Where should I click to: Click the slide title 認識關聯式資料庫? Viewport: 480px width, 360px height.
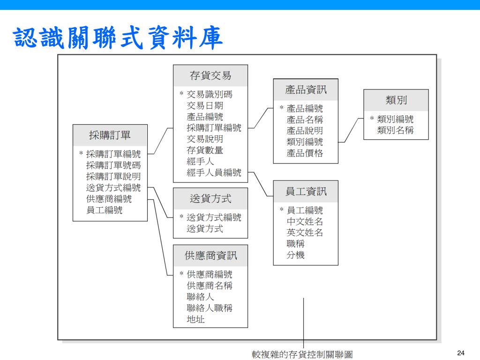(117, 38)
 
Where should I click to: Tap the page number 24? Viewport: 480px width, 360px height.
(460, 352)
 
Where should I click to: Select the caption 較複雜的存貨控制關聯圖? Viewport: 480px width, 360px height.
(302, 354)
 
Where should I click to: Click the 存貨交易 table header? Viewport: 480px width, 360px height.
(210, 76)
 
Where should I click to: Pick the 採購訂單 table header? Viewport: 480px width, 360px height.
(110, 135)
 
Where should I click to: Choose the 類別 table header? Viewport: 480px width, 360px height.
(396, 100)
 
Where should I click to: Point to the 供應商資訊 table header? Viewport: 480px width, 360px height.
(210, 255)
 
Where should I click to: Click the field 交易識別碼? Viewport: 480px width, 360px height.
(209, 94)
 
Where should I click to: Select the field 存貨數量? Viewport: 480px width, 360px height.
(205, 150)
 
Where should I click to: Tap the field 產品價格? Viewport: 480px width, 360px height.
(305, 153)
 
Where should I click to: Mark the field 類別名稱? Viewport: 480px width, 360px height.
(395, 130)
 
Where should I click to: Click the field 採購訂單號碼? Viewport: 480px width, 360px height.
(113, 165)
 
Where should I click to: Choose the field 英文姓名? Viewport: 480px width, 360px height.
(305, 232)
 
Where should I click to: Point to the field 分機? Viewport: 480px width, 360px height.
(295, 255)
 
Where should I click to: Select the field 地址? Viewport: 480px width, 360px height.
(195, 319)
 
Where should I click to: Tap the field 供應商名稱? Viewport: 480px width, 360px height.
(209, 285)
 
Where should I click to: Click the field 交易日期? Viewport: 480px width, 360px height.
(205, 105)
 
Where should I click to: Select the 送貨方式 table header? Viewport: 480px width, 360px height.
(210, 199)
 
